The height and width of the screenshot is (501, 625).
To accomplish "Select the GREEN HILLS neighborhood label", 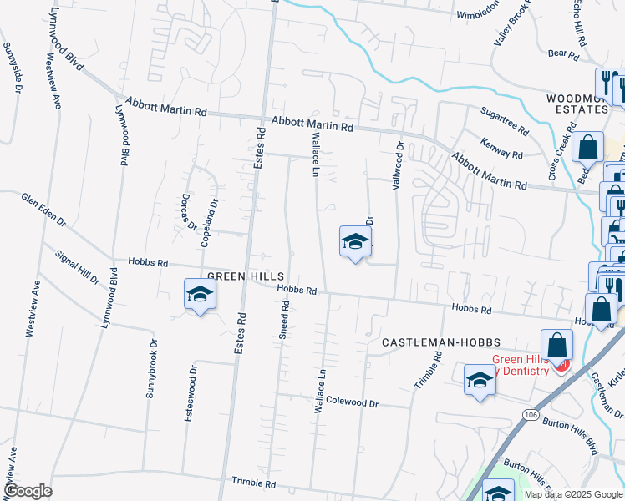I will (x=246, y=276).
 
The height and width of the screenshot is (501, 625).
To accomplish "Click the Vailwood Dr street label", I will (x=399, y=166).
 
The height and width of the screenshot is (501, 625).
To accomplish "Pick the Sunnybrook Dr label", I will (x=152, y=367).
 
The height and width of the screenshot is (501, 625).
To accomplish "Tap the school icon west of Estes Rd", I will (x=201, y=294).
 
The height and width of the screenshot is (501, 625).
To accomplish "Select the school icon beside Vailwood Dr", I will (x=355, y=242).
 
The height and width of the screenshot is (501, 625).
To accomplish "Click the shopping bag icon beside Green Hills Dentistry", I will (x=556, y=345).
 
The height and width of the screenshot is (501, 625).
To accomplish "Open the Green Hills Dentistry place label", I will (x=519, y=365).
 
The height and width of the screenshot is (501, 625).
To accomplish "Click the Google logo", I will (x=27, y=492).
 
